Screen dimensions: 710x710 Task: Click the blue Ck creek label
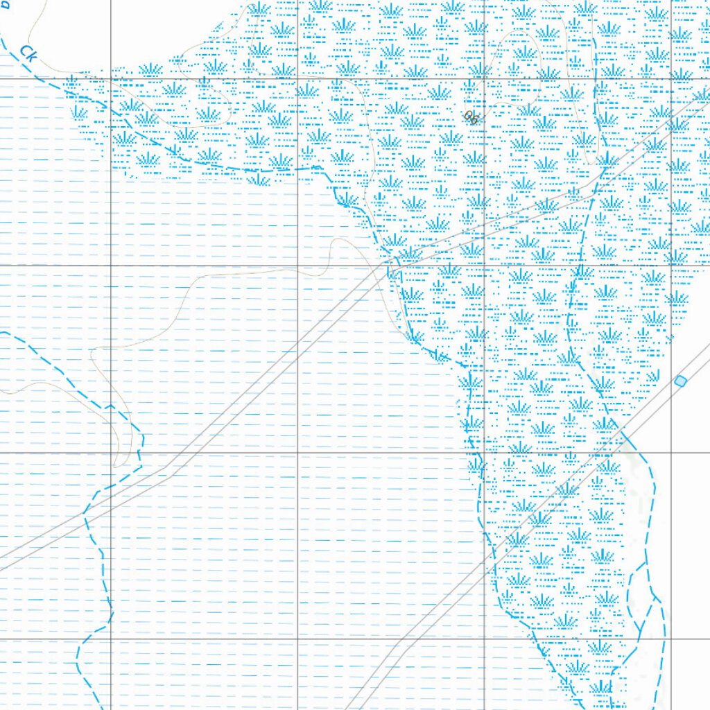point(28,53)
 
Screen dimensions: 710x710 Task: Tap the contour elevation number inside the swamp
point(471,117)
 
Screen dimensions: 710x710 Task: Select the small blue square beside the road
point(680,381)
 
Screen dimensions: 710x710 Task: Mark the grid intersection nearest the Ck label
point(111,78)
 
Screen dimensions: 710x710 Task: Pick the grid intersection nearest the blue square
point(671,452)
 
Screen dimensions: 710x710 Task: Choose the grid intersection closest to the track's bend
point(111,452)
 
